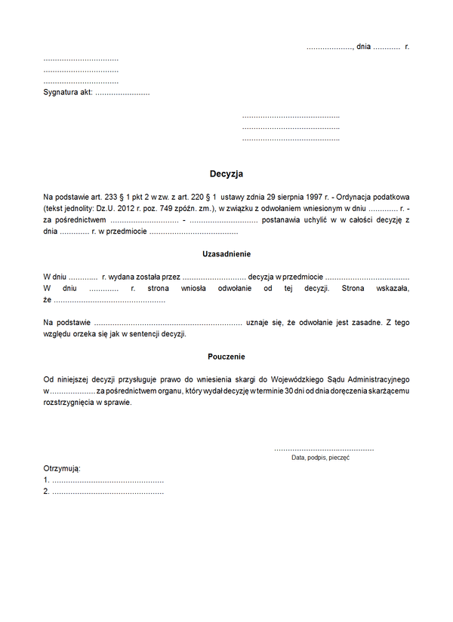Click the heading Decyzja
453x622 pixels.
[226, 173]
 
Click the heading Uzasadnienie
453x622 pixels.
[226, 254]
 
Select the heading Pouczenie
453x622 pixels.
[226, 357]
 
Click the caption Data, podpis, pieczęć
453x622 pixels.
[320, 458]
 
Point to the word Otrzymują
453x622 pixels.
[62, 468]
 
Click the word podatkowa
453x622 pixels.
[393, 196]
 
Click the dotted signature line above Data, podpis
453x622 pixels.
[324, 449]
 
